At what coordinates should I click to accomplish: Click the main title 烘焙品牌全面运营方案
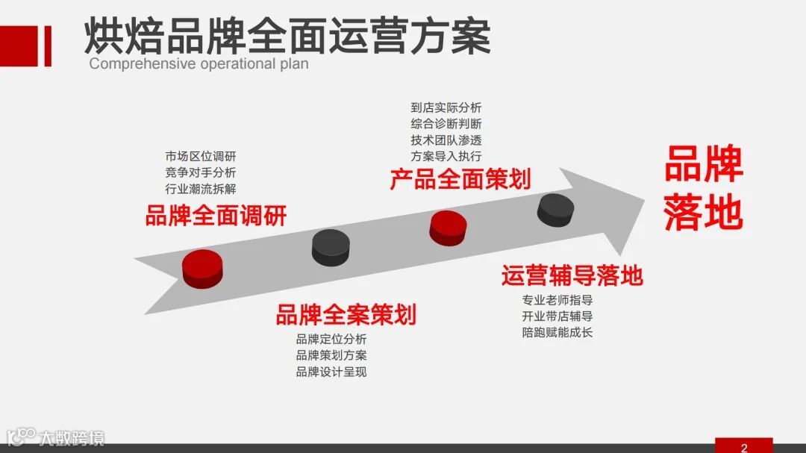[x=287, y=35]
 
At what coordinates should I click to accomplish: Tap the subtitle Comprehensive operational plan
[x=199, y=63]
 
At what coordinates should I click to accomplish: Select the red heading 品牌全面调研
[x=216, y=216]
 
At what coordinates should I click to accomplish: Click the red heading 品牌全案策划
[x=346, y=315]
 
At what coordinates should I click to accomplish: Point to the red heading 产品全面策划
[x=460, y=179]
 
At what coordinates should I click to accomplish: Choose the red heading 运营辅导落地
[x=572, y=275]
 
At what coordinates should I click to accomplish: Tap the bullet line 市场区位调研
[x=200, y=157]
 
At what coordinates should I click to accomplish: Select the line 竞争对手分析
[x=200, y=172]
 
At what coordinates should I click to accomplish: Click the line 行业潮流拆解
[x=200, y=189]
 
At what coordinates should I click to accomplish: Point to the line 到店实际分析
[x=446, y=107]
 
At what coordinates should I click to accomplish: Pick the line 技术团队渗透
[x=446, y=140]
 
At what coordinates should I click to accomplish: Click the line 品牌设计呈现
[x=331, y=372]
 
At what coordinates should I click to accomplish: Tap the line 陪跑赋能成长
[x=557, y=332]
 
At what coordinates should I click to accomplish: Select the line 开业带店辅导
[x=557, y=316]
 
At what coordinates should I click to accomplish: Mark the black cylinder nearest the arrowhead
[x=555, y=209]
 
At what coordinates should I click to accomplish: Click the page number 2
[x=744, y=447]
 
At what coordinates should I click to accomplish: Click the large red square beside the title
[x=19, y=46]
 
